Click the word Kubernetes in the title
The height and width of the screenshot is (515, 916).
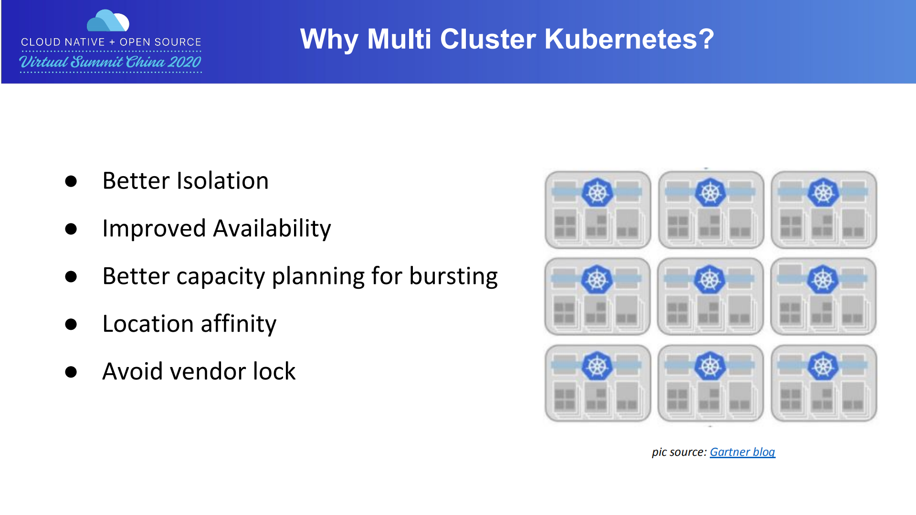coord(629,39)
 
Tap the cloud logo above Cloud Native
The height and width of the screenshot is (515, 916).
coord(108,21)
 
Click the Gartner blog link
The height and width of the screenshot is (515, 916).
coord(742,452)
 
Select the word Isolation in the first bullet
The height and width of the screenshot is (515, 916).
coord(222,181)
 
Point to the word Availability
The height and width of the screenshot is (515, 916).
coord(272,229)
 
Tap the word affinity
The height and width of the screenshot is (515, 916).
coord(238,324)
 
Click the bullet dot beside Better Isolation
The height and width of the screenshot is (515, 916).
coord(71,181)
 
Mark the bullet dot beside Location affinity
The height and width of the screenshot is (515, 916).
coord(71,325)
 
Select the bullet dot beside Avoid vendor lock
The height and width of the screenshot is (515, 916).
coord(71,372)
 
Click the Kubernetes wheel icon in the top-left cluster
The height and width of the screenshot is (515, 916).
coord(597,193)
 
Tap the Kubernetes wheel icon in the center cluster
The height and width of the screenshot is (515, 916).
coord(710,279)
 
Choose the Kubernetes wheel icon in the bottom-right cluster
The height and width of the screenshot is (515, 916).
coord(823,366)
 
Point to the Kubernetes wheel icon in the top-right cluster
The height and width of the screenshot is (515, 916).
coord(823,193)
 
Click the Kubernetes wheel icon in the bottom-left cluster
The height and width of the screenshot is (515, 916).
coord(597,366)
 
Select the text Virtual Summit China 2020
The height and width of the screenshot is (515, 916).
coord(110,62)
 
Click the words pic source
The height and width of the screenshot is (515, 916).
coord(678,452)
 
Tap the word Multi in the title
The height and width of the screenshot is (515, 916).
coord(399,39)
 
